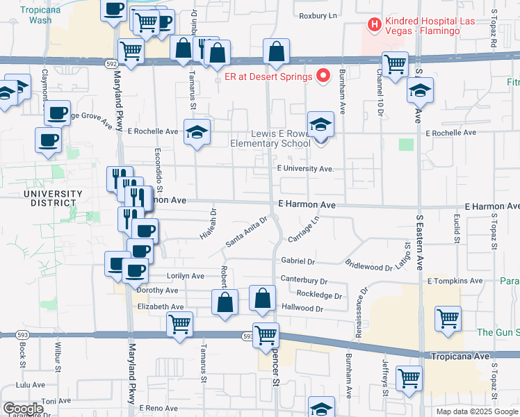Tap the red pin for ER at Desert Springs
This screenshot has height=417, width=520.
click(323, 76)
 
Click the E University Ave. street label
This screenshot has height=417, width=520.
click(305, 169)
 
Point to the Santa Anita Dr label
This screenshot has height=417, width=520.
click(246, 231)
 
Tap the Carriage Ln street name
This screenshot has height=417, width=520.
click(303, 229)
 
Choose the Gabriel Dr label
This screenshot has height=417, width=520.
click(298, 262)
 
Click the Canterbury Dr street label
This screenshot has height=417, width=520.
click(304, 280)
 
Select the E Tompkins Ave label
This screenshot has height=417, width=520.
click(455, 281)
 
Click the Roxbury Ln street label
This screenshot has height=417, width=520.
click(318, 15)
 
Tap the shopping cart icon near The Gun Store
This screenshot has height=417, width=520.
click(448, 319)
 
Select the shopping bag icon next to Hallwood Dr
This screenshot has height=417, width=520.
click(261, 298)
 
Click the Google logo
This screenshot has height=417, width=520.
click(22, 409)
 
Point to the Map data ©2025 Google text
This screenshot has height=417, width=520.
click(477, 411)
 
